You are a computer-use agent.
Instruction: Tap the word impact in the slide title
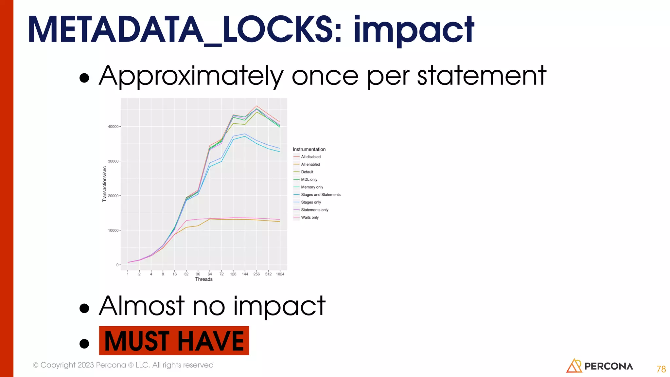(414, 30)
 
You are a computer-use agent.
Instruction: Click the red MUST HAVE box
(174, 341)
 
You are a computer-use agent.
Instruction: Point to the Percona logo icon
(574, 366)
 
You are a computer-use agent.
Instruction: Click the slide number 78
(661, 369)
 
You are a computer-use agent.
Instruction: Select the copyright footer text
(123, 365)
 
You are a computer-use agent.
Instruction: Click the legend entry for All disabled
(310, 157)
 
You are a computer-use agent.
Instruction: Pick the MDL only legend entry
(309, 179)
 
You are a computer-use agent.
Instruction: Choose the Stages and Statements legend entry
(321, 195)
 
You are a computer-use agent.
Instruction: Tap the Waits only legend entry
(309, 217)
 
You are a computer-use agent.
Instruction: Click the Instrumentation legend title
(309, 149)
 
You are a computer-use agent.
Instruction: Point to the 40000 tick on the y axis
(113, 127)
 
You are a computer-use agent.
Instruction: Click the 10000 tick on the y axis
(113, 230)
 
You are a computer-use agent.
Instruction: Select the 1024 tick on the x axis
(280, 274)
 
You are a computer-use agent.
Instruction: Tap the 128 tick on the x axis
(233, 274)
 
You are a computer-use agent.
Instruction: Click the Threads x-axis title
(204, 279)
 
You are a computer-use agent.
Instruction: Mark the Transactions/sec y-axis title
(105, 184)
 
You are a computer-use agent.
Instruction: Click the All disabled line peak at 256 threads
(257, 106)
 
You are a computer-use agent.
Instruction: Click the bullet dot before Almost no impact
(84, 308)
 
